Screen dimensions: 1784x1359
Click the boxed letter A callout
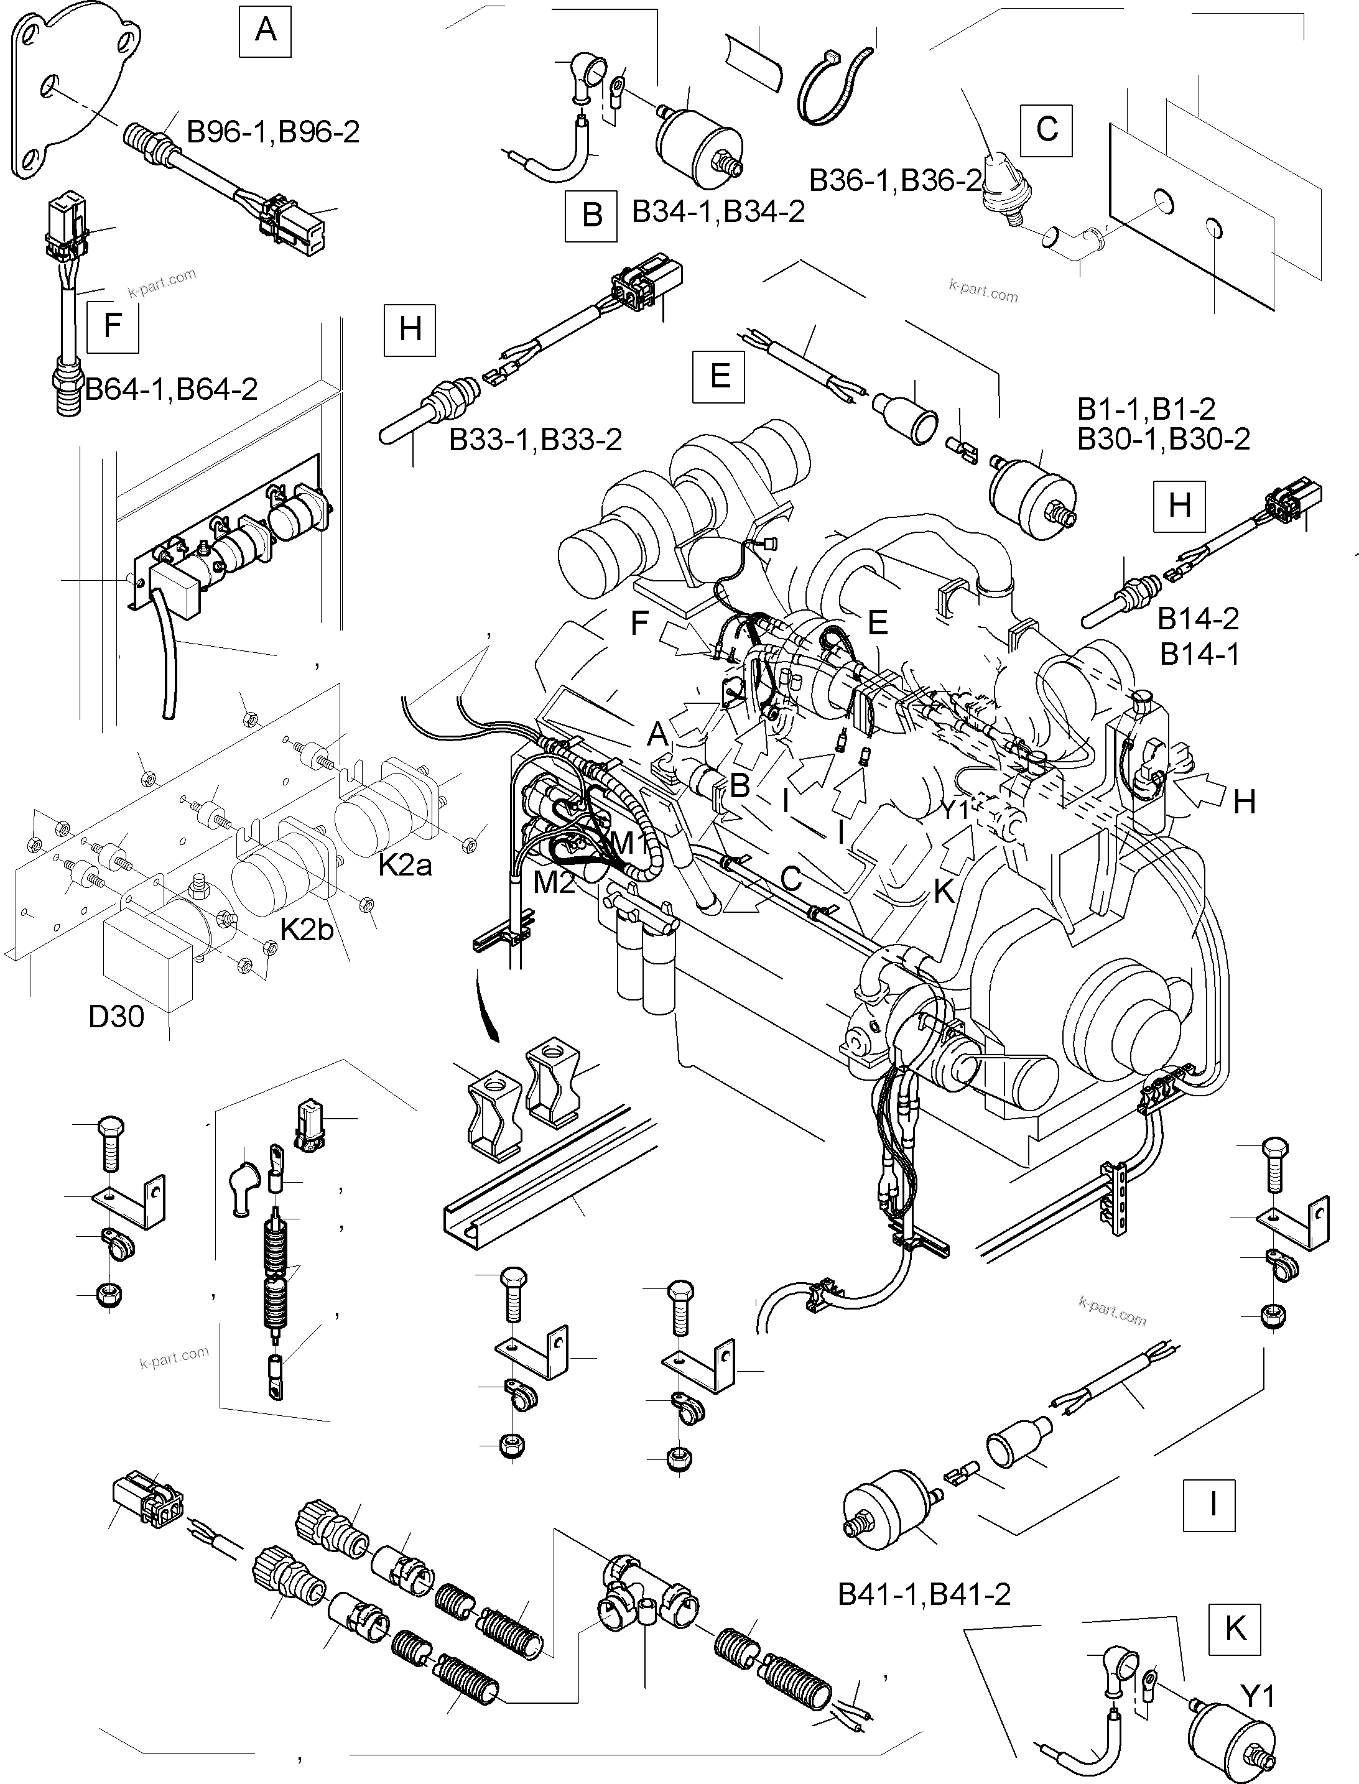click(266, 30)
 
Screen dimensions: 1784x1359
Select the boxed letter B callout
click(591, 216)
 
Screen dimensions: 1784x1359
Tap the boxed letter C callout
click(1046, 129)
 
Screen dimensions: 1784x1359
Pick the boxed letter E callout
click(719, 376)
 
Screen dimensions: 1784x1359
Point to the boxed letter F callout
click(113, 326)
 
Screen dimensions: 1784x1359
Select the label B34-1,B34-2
click(718, 212)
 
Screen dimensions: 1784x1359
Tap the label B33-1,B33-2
click(536, 440)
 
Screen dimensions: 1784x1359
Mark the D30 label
click(116, 1017)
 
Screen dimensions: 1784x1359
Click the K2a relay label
click(406, 866)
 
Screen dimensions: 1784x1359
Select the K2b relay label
click(307, 930)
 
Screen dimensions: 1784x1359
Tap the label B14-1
click(1200, 654)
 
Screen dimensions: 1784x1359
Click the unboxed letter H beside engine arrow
click(1244, 802)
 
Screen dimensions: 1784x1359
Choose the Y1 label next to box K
click(1257, 1697)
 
